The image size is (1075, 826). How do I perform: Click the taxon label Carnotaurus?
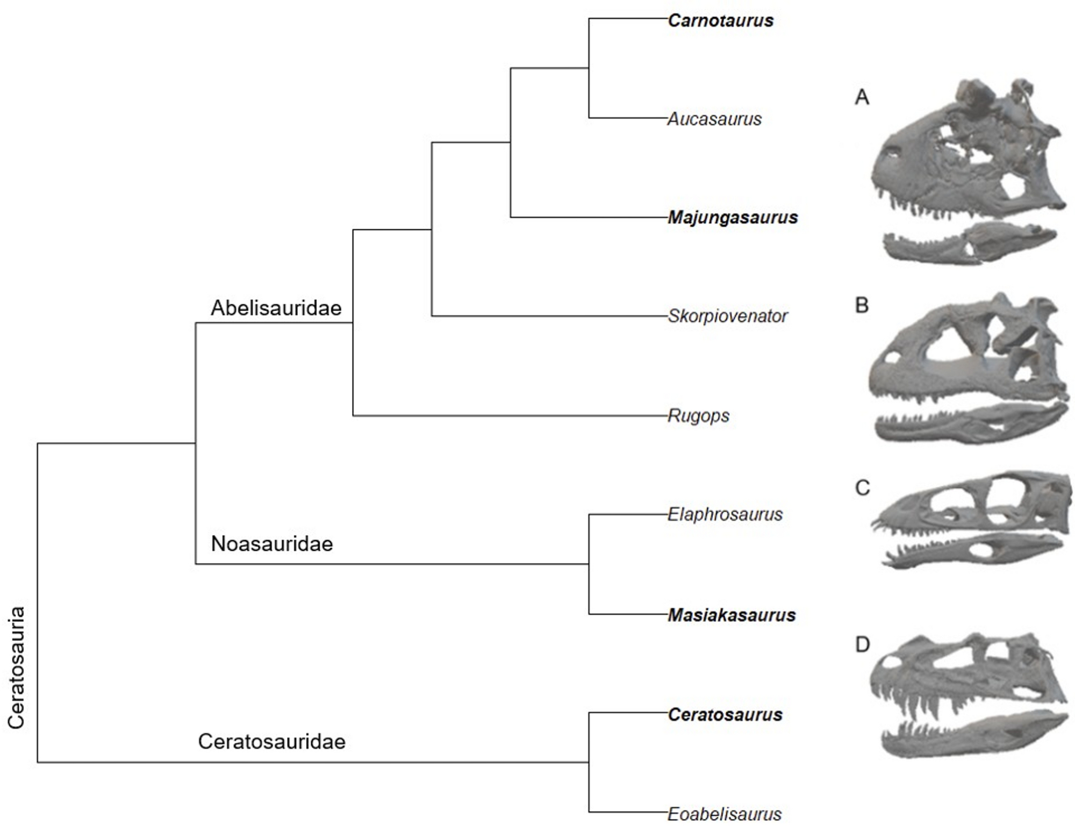(720, 20)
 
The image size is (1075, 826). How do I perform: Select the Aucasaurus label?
(714, 119)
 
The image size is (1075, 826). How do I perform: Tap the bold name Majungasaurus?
(733, 217)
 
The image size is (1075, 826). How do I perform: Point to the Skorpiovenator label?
(727, 316)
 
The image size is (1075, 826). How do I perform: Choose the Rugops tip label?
(698, 415)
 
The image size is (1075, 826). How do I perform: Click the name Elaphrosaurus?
(725, 514)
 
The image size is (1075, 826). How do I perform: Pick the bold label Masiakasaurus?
(732, 615)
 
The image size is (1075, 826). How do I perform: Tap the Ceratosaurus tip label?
(725, 714)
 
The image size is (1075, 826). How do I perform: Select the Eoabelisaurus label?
(725, 814)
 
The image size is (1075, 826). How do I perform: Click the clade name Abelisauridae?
(276, 308)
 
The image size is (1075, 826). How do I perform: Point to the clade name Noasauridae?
(272, 544)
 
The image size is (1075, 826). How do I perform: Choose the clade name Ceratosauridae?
(272, 742)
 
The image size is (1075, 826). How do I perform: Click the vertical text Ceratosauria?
(16, 667)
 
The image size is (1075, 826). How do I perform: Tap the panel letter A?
(862, 97)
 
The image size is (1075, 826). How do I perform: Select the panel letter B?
(862, 305)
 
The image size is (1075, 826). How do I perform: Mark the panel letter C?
(862, 488)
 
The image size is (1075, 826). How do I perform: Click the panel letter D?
(862, 644)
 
